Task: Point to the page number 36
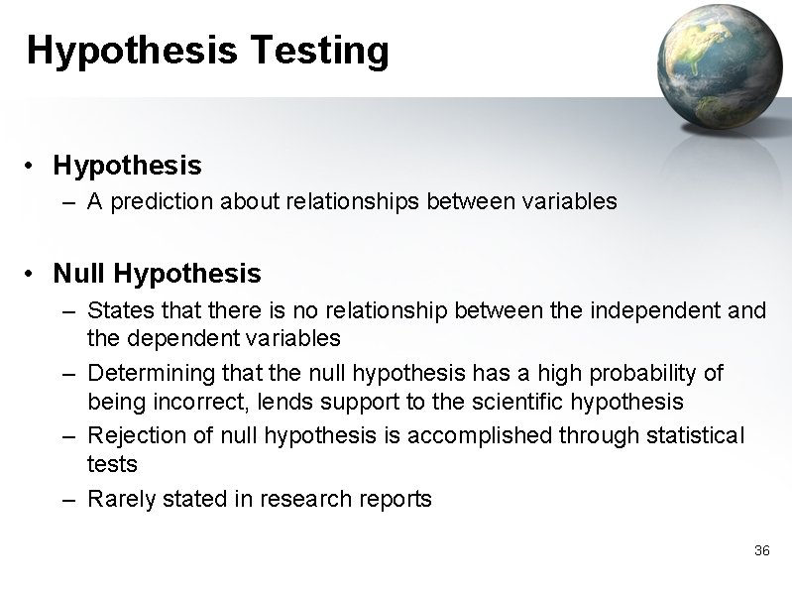coord(761,550)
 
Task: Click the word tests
coord(113,464)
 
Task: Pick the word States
coord(118,311)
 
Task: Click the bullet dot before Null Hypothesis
coord(34,274)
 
